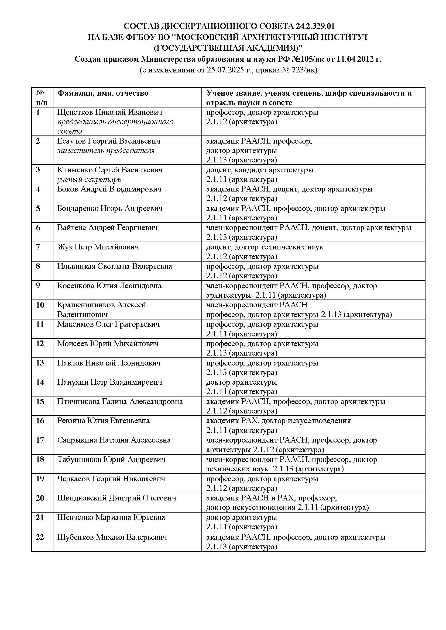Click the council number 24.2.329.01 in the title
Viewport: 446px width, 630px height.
(x=315, y=26)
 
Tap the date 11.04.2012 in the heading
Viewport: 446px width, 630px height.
(x=355, y=59)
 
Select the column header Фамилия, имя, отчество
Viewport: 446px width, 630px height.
(x=103, y=93)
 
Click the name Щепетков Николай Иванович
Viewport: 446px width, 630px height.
(x=109, y=112)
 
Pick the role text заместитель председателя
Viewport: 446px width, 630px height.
(x=106, y=151)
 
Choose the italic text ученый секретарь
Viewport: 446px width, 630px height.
(x=89, y=179)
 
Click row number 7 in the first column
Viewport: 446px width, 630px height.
(x=38, y=247)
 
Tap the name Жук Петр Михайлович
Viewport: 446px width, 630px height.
(x=98, y=247)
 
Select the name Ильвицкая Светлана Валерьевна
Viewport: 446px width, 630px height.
(x=115, y=266)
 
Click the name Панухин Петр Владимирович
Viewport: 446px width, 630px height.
(x=109, y=382)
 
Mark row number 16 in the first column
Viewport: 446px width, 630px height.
(x=40, y=421)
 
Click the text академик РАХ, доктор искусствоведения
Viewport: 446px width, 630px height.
(x=279, y=421)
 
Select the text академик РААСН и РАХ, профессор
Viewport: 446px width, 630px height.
(x=271, y=498)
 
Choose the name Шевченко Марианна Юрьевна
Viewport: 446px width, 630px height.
(x=111, y=517)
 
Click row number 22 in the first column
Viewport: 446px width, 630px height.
(x=40, y=537)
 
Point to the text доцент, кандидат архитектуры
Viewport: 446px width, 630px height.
(x=259, y=170)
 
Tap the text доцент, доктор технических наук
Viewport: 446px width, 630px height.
(x=265, y=247)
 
